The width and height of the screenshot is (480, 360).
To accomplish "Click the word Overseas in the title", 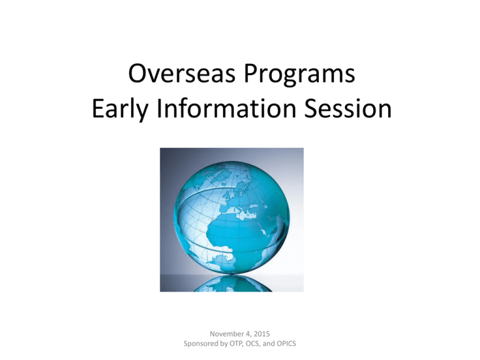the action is click(182, 74).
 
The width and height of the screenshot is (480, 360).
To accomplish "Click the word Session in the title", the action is click(348, 108).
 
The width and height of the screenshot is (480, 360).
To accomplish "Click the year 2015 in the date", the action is click(261, 334).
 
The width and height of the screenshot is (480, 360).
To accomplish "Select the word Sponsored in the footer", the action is click(201, 344).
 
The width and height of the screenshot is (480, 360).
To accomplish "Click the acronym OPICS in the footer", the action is click(286, 344).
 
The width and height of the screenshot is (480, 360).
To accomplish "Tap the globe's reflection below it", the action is click(232, 284).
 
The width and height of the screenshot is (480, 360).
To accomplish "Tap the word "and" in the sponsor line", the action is click(269, 344).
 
